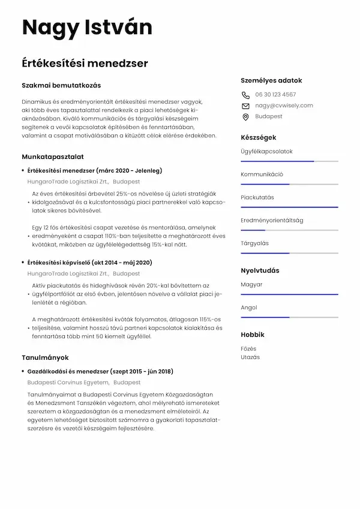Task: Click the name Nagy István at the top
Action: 87,28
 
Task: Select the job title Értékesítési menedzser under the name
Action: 85,63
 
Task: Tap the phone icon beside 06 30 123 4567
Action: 245,95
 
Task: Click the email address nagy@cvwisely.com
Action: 284,106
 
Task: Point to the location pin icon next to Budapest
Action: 245,117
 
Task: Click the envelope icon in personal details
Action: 245,106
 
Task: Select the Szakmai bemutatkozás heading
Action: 61,85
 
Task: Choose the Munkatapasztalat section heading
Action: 52,156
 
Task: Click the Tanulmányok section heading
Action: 46,357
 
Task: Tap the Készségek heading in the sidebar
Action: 259,137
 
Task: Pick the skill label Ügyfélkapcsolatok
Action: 266,151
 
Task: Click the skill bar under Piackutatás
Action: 289,207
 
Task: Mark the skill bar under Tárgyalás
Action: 289,253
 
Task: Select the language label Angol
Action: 249,308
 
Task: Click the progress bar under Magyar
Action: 289,294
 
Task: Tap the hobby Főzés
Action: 248,348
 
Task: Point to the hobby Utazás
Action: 250,357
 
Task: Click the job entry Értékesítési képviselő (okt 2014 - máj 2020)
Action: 89,263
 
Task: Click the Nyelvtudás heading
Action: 260,270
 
